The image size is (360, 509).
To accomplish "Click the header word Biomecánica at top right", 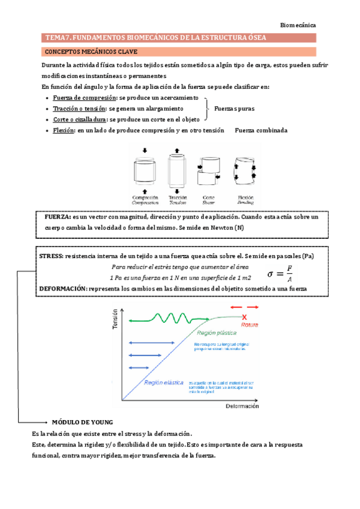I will (298, 25).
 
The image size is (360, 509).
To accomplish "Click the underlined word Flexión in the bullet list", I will (63, 130).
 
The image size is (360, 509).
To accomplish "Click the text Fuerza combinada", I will (261, 130).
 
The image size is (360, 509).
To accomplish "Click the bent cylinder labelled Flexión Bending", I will (245, 170).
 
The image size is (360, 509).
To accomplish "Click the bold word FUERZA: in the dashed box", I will (58, 217).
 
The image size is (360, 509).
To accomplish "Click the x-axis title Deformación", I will (242, 406).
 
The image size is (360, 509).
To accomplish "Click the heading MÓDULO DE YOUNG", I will (82, 421).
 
